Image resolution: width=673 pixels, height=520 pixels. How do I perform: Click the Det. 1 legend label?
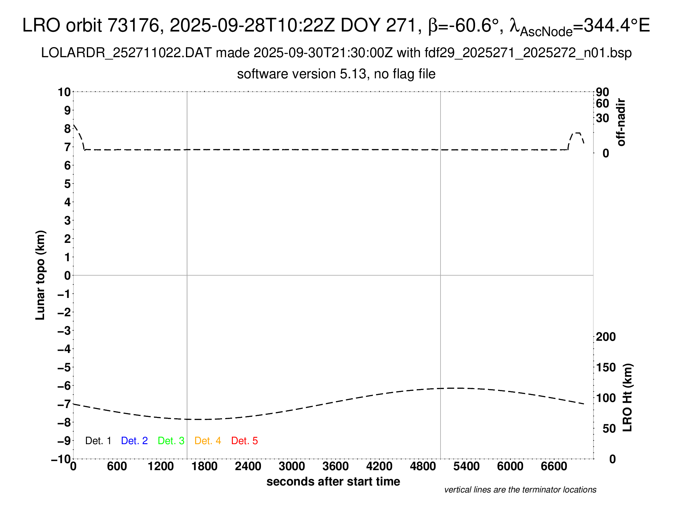(x=98, y=441)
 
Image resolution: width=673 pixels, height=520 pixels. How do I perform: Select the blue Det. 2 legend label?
(x=134, y=441)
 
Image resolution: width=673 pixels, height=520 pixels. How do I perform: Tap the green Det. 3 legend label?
(x=171, y=441)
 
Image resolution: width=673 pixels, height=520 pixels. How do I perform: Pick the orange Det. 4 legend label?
(x=208, y=441)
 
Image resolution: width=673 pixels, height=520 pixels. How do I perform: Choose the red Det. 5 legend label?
(x=244, y=441)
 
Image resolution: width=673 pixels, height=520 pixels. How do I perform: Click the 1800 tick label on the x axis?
(x=204, y=466)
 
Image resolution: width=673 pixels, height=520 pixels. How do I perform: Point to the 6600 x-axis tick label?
(x=554, y=466)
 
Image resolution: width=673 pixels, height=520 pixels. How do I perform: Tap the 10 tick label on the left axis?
(x=65, y=92)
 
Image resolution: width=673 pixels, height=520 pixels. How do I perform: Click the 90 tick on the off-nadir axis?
(x=602, y=92)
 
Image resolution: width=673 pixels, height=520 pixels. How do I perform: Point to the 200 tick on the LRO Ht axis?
(x=606, y=337)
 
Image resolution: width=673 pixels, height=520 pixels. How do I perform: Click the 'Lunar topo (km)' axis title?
(x=40, y=275)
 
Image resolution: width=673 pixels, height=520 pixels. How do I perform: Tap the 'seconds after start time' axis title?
(x=333, y=481)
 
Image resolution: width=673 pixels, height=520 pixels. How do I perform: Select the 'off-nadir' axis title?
(x=621, y=122)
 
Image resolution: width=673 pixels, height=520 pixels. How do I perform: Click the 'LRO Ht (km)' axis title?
(x=627, y=398)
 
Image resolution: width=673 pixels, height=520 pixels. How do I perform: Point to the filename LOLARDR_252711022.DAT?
(x=126, y=53)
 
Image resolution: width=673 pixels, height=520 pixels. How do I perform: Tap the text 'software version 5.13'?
(x=302, y=74)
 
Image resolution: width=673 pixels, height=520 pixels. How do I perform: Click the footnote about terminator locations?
(x=520, y=490)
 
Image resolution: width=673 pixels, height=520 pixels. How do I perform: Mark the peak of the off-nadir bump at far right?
(x=577, y=133)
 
